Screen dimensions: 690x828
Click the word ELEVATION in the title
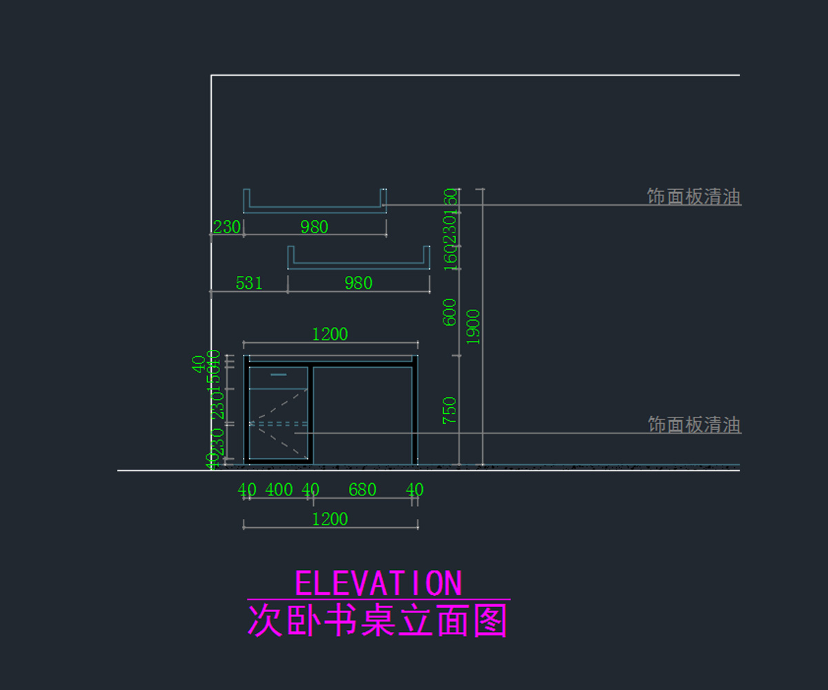378,584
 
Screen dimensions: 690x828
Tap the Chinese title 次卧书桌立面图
378,620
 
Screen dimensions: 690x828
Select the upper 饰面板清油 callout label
693,197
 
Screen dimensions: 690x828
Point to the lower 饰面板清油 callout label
693,424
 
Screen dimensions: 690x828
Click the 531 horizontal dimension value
249,283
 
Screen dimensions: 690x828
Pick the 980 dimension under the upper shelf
314,227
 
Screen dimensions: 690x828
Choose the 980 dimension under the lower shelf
358,283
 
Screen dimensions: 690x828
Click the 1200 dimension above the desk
330,335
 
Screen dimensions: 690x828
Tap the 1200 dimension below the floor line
330,520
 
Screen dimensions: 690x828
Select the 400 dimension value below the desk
279,490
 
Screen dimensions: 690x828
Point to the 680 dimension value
362,490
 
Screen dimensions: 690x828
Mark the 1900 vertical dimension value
473,326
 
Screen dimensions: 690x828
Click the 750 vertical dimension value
450,410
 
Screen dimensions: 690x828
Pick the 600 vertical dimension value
450,312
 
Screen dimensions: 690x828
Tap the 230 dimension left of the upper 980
226,227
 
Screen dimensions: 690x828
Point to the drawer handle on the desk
278,375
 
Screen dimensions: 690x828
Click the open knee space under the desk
363,414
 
